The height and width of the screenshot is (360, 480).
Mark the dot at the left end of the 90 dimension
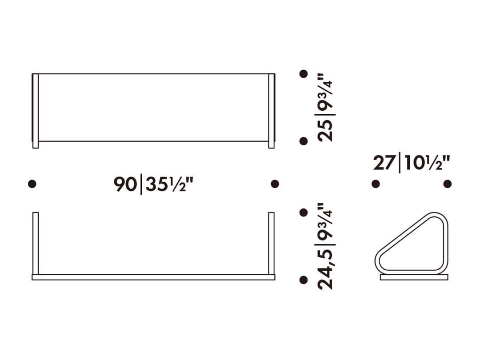(32, 184)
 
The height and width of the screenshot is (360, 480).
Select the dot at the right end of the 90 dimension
(275, 184)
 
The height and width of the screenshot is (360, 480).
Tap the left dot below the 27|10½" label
(376, 184)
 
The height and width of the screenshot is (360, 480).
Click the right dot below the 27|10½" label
(447, 184)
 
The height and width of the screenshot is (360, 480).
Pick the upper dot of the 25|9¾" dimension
(304, 74)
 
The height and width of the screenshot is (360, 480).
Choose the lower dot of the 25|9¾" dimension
(304, 141)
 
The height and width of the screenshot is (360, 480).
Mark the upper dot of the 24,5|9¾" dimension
(304, 212)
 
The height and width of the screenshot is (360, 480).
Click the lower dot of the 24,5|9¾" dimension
(304, 280)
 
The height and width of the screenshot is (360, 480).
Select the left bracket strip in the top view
(36, 111)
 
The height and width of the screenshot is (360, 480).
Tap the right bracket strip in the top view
(272, 111)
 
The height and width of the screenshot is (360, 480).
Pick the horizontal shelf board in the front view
(153, 277)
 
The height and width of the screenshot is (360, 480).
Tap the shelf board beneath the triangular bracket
(414, 277)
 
